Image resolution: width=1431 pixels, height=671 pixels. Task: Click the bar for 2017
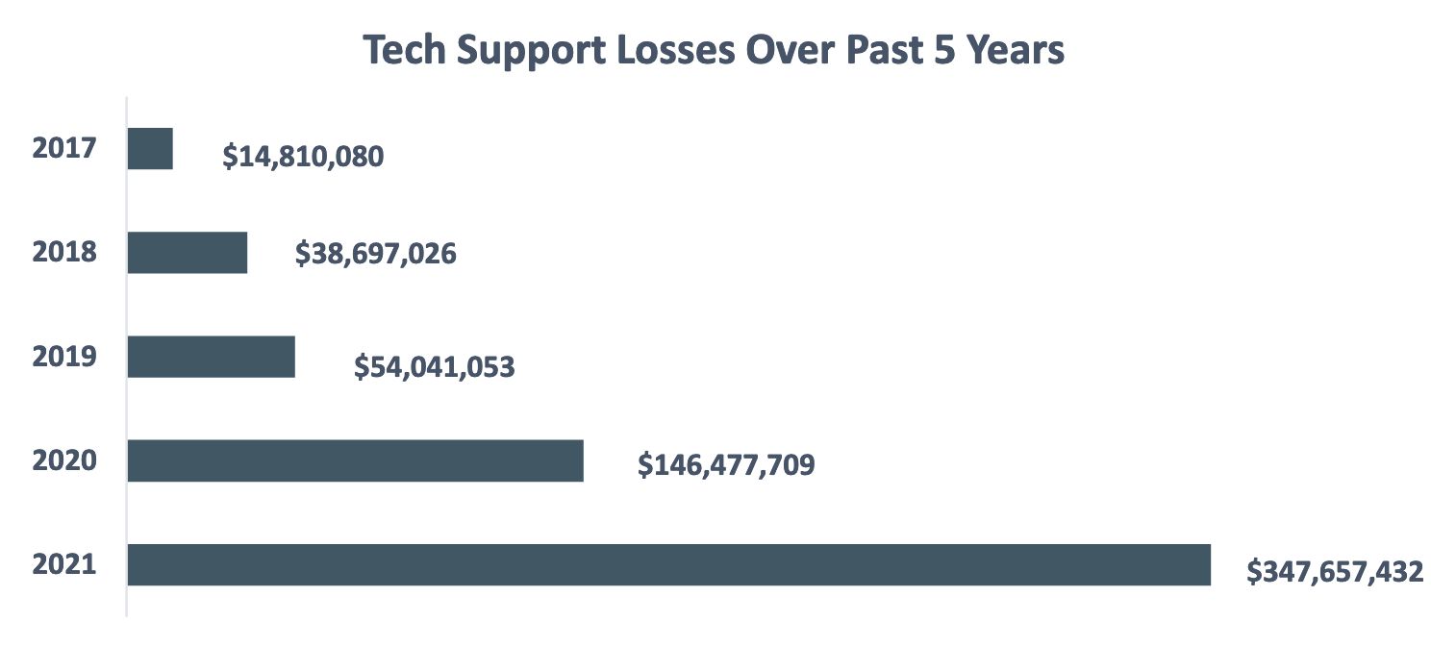[150, 149]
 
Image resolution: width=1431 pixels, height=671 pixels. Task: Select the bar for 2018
[188, 253]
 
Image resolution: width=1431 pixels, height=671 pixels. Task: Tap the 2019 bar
[212, 357]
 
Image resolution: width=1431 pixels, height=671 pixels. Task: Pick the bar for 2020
[356, 460]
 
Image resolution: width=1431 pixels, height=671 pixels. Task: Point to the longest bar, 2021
[669, 564]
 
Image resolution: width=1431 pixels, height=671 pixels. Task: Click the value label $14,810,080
[303, 156]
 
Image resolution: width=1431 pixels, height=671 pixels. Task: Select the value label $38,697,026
[375, 254]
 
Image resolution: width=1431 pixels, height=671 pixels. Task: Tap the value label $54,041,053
[435, 366]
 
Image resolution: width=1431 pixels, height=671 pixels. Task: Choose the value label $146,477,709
[726, 465]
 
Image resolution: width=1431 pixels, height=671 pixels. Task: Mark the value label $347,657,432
[1335, 572]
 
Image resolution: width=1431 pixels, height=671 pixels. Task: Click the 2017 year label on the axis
[64, 149]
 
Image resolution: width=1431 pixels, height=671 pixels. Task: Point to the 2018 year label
[64, 253]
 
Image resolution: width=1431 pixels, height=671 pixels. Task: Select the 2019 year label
[64, 357]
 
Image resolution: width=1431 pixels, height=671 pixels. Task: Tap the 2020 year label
[64, 460]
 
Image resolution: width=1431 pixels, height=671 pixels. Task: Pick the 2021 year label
[64, 564]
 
